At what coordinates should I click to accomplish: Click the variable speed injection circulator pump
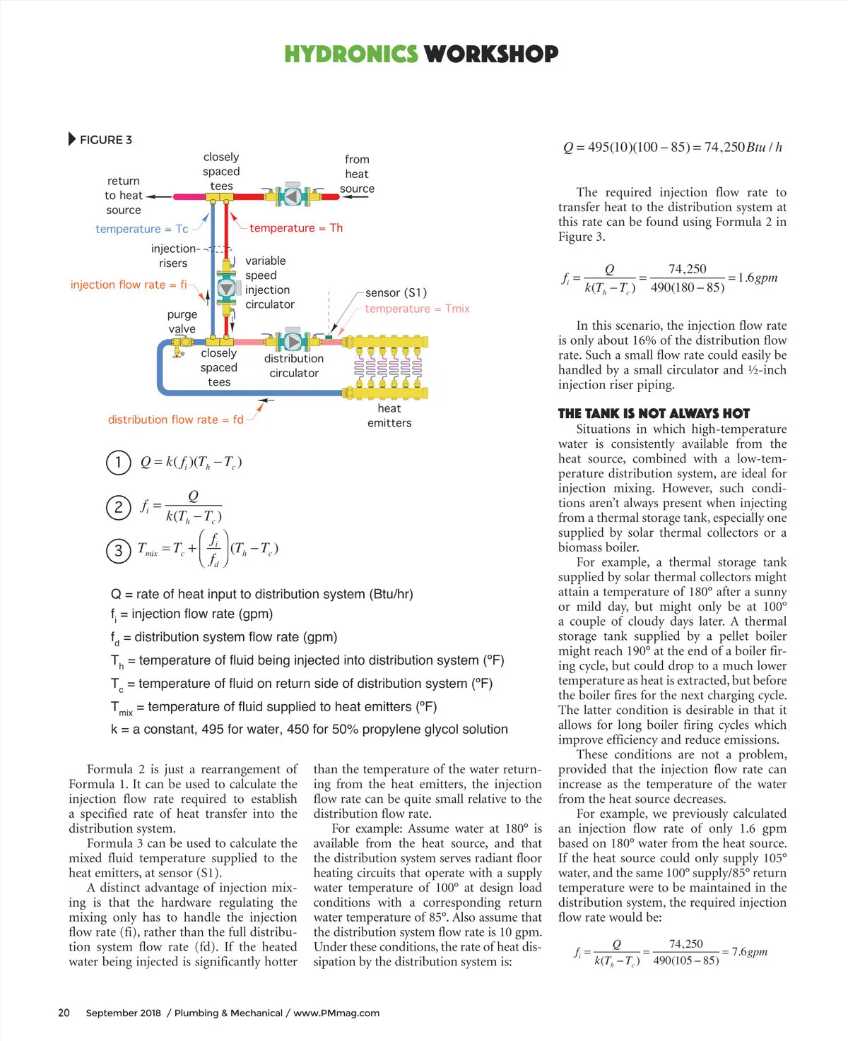pyautogui.click(x=226, y=288)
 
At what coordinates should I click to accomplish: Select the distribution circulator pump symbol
pyautogui.click(x=293, y=342)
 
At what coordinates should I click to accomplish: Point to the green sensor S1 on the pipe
pyautogui.click(x=329, y=338)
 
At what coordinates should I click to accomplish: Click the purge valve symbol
pyautogui.click(x=182, y=343)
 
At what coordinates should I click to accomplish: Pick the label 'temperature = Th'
pyautogui.click(x=295, y=228)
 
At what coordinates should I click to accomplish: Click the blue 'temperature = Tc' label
pyautogui.click(x=142, y=229)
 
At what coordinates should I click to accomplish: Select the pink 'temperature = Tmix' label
pyautogui.click(x=417, y=309)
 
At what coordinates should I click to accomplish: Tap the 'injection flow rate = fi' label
pyautogui.click(x=129, y=285)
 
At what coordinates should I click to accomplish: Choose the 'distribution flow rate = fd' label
pyautogui.click(x=175, y=420)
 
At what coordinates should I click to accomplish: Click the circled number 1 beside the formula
pyautogui.click(x=118, y=463)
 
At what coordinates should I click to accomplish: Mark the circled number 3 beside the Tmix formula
pyautogui.click(x=118, y=551)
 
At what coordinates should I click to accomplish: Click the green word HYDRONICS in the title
pyautogui.click(x=351, y=54)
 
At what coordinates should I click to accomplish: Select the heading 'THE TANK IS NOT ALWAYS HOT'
pyautogui.click(x=654, y=414)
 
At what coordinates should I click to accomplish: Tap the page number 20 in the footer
pyautogui.click(x=64, y=1013)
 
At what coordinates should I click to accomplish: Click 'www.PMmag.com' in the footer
pyautogui.click(x=336, y=1013)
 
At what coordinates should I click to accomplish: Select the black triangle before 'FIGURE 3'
pyautogui.click(x=72, y=139)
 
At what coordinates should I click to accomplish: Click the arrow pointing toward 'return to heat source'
pyautogui.click(x=158, y=197)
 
